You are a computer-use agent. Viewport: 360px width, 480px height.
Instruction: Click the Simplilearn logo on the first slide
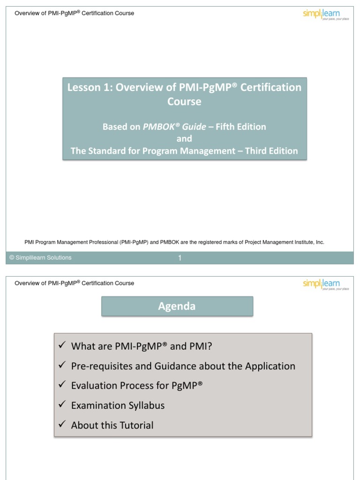(325, 15)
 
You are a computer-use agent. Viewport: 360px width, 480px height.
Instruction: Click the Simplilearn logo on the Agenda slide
(325, 285)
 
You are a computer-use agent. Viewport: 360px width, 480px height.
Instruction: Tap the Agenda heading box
(177, 307)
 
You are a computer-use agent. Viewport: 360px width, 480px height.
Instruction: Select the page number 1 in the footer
(180, 258)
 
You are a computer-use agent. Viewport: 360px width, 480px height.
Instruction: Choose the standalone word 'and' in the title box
(184, 139)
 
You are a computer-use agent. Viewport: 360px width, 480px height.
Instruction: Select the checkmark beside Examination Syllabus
(61, 405)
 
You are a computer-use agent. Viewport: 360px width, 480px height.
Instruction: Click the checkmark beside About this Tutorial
(61, 424)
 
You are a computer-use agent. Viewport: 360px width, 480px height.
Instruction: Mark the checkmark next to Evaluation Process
(61, 385)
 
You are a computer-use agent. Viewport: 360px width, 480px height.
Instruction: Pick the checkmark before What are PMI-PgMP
(61, 345)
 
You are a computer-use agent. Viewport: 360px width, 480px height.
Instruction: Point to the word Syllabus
(146, 405)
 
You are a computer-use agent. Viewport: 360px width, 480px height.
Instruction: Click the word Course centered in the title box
(184, 102)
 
